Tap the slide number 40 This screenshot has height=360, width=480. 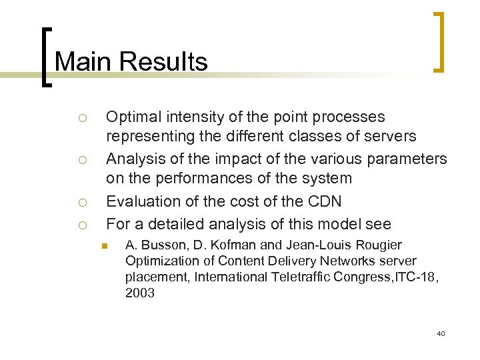441,333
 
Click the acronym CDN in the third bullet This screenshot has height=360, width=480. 325,201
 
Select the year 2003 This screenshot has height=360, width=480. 139,292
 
